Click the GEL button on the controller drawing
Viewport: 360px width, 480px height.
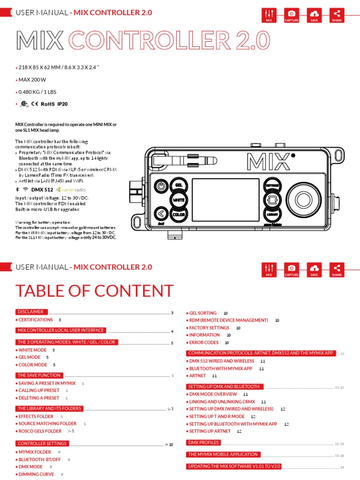pyautogui.click(x=179, y=185)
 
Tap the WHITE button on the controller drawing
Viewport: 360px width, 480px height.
pyautogui.click(x=179, y=200)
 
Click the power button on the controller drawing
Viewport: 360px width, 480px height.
pyautogui.click(x=161, y=186)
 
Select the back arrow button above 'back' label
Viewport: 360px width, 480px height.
pyautogui.click(x=161, y=214)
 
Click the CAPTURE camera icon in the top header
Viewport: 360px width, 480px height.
pyautogui.click(x=292, y=15)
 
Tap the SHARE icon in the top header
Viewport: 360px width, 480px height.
pyautogui.click(x=337, y=15)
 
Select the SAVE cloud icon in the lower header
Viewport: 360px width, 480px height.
pyautogui.click(x=314, y=269)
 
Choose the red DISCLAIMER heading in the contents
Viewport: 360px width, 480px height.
pyautogui.click(x=30, y=312)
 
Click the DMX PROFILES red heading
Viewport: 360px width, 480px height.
pyautogui.click(x=203, y=442)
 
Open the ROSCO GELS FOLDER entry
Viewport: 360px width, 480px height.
pyautogui.click(x=40, y=431)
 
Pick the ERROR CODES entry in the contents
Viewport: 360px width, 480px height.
pyautogui.click(x=204, y=343)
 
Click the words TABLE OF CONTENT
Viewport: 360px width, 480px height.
pyautogui.click(x=94, y=291)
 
